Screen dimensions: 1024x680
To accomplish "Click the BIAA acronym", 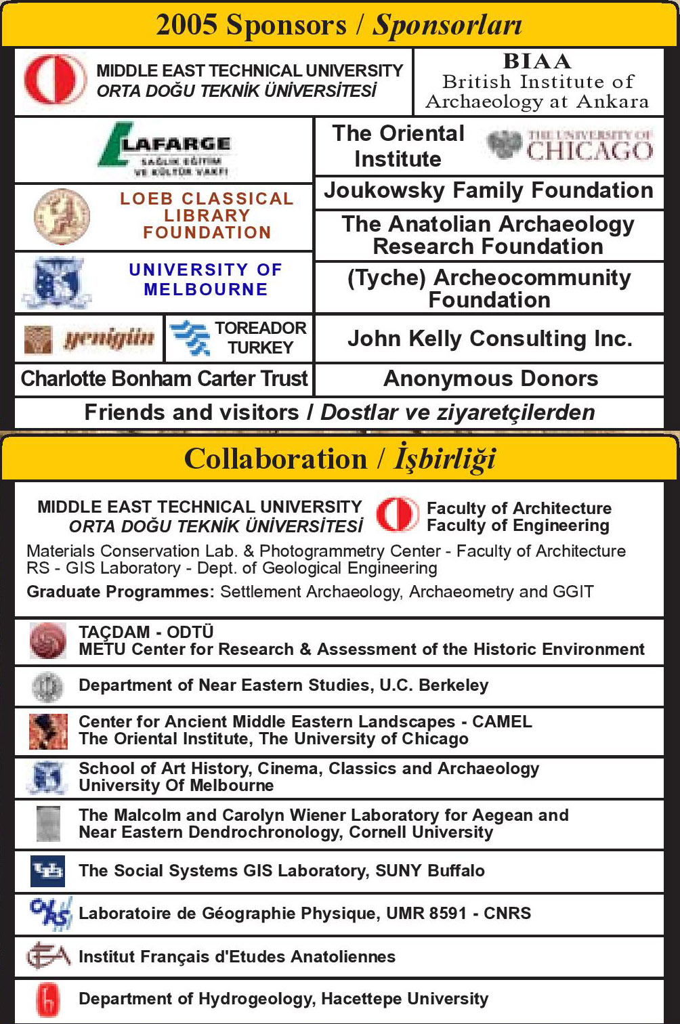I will click(x=537, y=61).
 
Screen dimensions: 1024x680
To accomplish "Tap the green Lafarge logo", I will click(x=166, y=150).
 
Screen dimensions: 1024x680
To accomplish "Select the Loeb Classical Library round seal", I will click(x=62, y=217).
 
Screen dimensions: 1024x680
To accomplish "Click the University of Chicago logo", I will click(x=569, y=146).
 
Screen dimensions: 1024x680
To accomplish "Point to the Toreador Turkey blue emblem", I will click(x=190, y=338).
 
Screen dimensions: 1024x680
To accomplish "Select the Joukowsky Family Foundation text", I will click(x=488, y=191).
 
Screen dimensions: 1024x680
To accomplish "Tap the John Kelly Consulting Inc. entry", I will click(x=489, y=339).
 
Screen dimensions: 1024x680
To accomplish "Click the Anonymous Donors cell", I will click(x=490, y=379).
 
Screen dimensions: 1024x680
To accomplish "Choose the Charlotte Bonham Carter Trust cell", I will click(x=164, y=379).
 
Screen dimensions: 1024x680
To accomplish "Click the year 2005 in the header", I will click(x=187, y=25).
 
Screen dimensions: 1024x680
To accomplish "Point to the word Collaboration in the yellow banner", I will click(x=276, y=459).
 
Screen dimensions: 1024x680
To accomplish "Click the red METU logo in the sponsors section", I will click(x=54, y=79).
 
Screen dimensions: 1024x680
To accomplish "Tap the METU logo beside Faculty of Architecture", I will click(x=397, y=515).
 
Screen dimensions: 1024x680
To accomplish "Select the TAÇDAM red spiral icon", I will click(x=48, y=641).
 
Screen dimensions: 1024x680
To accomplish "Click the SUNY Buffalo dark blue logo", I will click(x=47, y=871).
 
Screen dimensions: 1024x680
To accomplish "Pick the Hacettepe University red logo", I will click(x=47, y=1000).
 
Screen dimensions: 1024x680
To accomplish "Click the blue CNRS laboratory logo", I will click(x=50, y=914).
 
